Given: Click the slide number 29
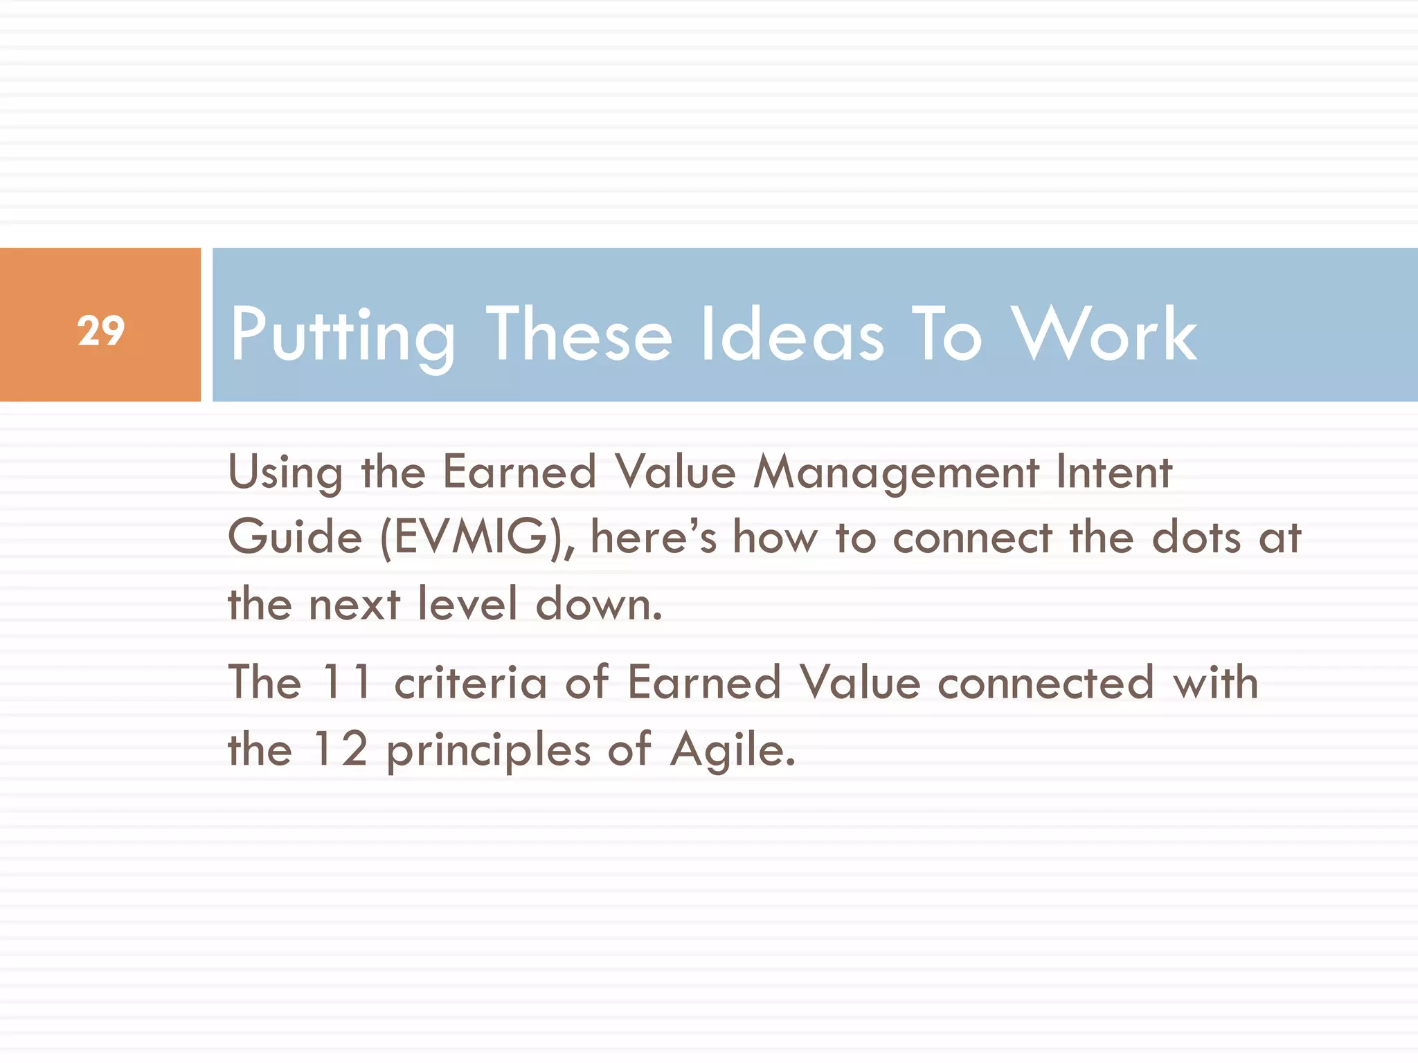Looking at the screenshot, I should coord(101,331).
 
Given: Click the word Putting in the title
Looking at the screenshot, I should coord(343,335).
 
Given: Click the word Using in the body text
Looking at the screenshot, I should coord(285,473).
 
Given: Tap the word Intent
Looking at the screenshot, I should coord(1114,472).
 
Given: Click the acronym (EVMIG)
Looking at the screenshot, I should coord(477,538).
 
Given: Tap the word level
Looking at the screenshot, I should coord(467,603).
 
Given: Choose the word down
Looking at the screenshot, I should coord(599,603).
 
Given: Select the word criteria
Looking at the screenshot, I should coord(471,682).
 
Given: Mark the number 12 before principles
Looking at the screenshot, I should coord(339,749).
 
